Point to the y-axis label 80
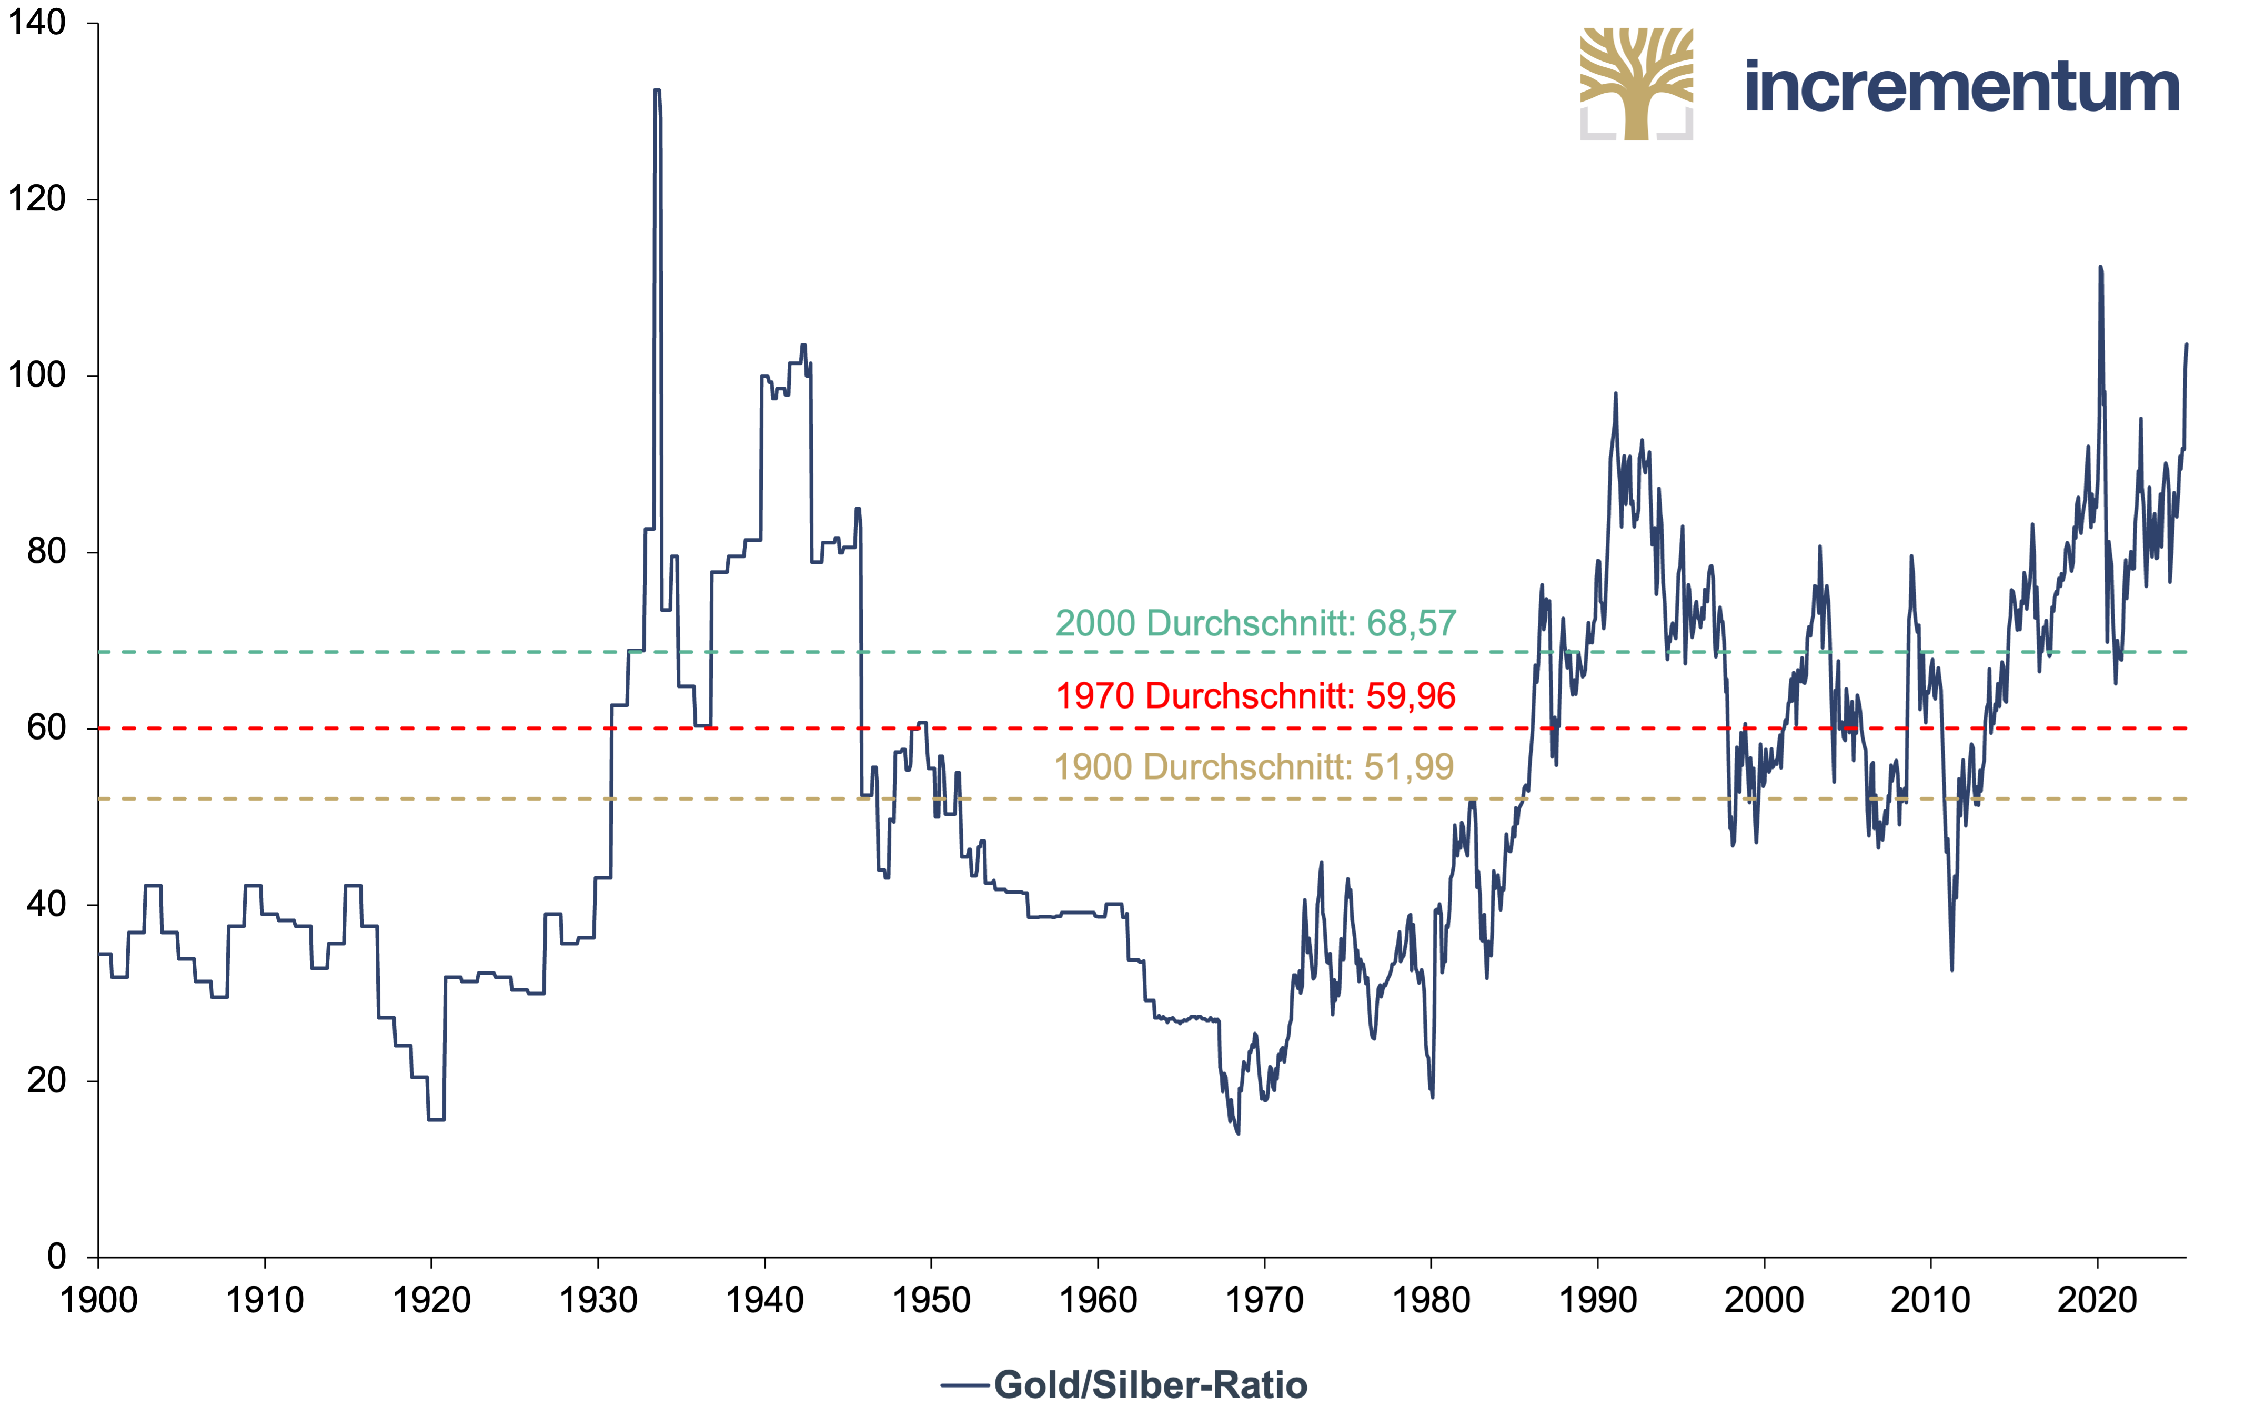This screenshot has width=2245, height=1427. [47, 552]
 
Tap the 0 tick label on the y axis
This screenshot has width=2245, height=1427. [57, 1257]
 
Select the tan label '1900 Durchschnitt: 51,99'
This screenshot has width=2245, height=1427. [1254, 767]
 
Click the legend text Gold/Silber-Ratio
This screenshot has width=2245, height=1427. [1151, 1385]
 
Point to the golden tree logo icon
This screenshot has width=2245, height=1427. [1636, 84]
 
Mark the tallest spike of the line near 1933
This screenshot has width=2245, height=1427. [657, 90]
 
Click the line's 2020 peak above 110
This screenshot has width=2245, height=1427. [2100, 267]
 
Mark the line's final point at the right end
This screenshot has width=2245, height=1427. [2186, 345]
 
